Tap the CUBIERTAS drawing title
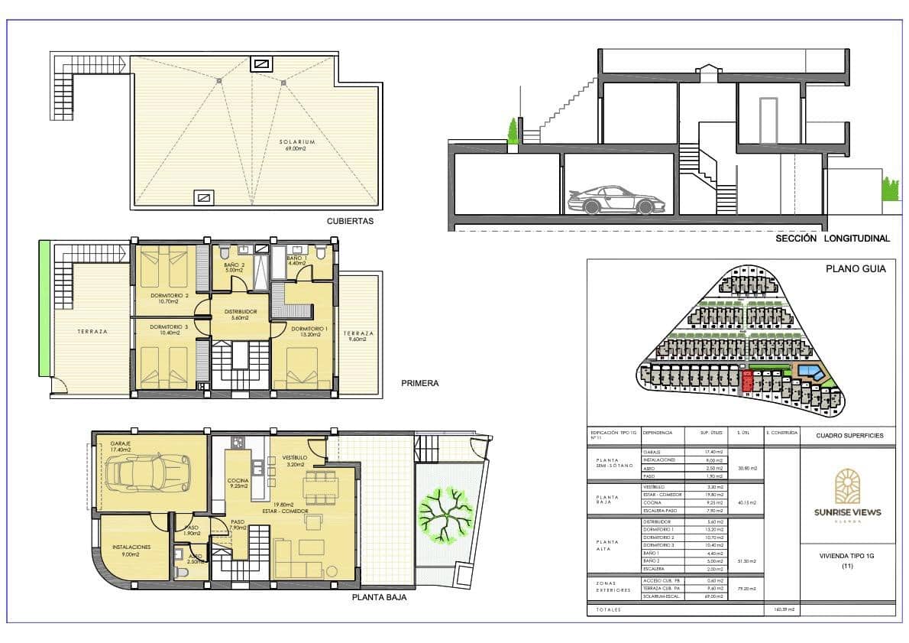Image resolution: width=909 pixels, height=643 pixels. pos(350,221)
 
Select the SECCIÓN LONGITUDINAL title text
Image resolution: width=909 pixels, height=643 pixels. pos(832,239)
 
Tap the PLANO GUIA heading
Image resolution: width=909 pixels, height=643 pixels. pos(856,268)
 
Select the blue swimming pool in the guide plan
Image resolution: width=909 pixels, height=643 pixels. pos(811,373)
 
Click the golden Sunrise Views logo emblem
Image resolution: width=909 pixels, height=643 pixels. pos(846,486)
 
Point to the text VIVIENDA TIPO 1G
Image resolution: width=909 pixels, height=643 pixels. pos(846,556)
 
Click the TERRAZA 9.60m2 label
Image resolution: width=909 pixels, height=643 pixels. pos(358,337)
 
